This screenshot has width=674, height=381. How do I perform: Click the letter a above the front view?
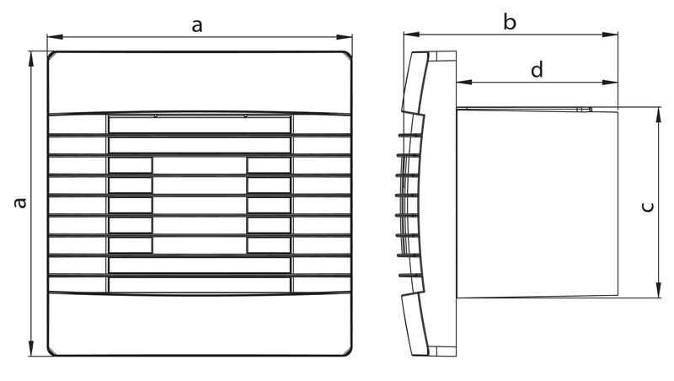pyautogui.click(x=197, y=26)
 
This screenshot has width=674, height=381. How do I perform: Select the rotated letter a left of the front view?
pyautogui.click(x=19, y=202)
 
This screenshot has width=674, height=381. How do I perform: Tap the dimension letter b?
pyautogui.click(x=510, y=22)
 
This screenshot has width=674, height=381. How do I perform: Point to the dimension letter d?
pyautogui.click(x=537, y=69)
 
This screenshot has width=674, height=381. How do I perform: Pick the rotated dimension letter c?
pyautogui.click(x=647, y=207)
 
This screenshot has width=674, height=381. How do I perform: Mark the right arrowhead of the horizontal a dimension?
pyautogui.click(x=345, y=37)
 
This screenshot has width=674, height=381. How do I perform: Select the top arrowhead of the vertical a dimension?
pyautogui.click(x=31, y=59)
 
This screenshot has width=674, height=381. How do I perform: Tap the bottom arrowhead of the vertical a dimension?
pyautogui.click(x=31, y=348)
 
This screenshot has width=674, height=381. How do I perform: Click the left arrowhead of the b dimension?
pyautogui.click(x=411, y=35)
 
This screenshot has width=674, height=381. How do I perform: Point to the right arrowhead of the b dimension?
pyautogui.click(x=610, y=35)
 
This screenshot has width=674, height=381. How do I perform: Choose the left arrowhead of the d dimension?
pyautogui.click(x=464, y=82)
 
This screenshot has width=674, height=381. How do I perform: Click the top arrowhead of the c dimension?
pyautogui.click(x=659, y=115)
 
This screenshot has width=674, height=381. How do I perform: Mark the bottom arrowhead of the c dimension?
pyautogui.click(x=659, y=289)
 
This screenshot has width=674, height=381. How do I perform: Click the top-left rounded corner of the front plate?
pyautogui.click(x=51, y=55)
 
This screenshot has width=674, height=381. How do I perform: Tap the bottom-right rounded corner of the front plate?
pyautogui.click(x=348, y=352)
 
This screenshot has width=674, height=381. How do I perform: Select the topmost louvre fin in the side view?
pyautogui.click(x=409, y=136)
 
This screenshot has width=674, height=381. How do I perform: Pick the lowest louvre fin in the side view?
pyautogui.click(x=409, y=276)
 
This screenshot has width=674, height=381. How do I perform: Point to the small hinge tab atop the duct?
pyautogui.click(x=584, y=110)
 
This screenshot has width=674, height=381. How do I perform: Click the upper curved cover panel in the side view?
pyautogui.click(x=415, y=83)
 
